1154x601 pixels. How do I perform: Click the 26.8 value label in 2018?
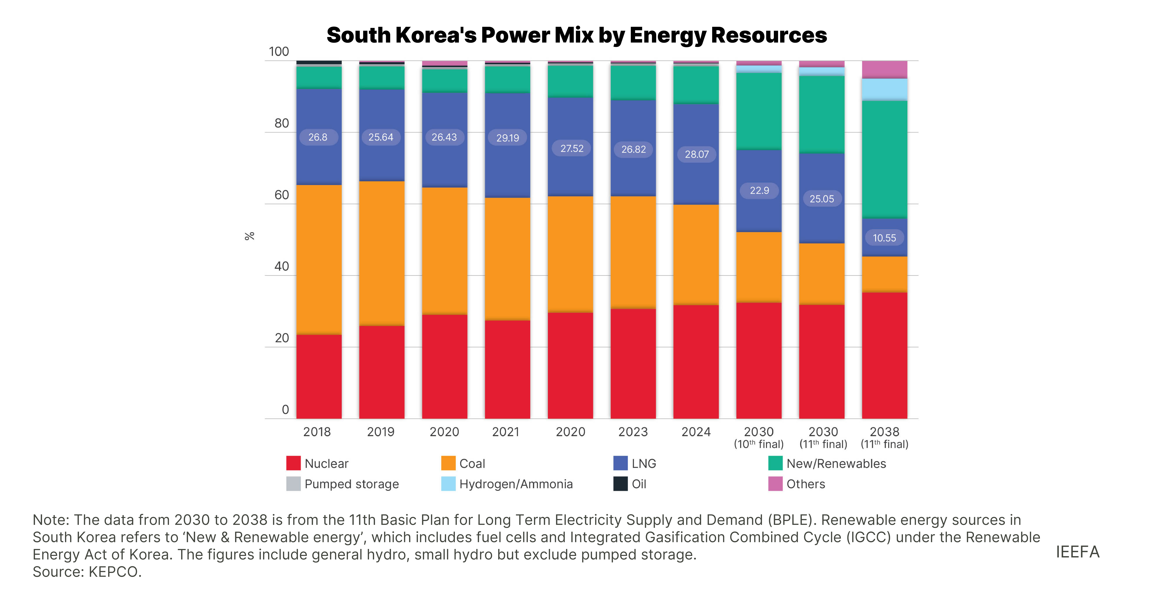(318, 137)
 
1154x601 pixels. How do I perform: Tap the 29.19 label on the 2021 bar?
(507, 138)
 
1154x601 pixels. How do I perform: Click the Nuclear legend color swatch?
(293, 463)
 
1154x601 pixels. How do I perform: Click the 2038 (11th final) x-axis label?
(884, 438)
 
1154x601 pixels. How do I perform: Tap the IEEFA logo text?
(1077, 552)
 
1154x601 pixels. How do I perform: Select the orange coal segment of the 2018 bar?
(319, 260)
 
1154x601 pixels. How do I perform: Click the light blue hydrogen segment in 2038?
(884, 90)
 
